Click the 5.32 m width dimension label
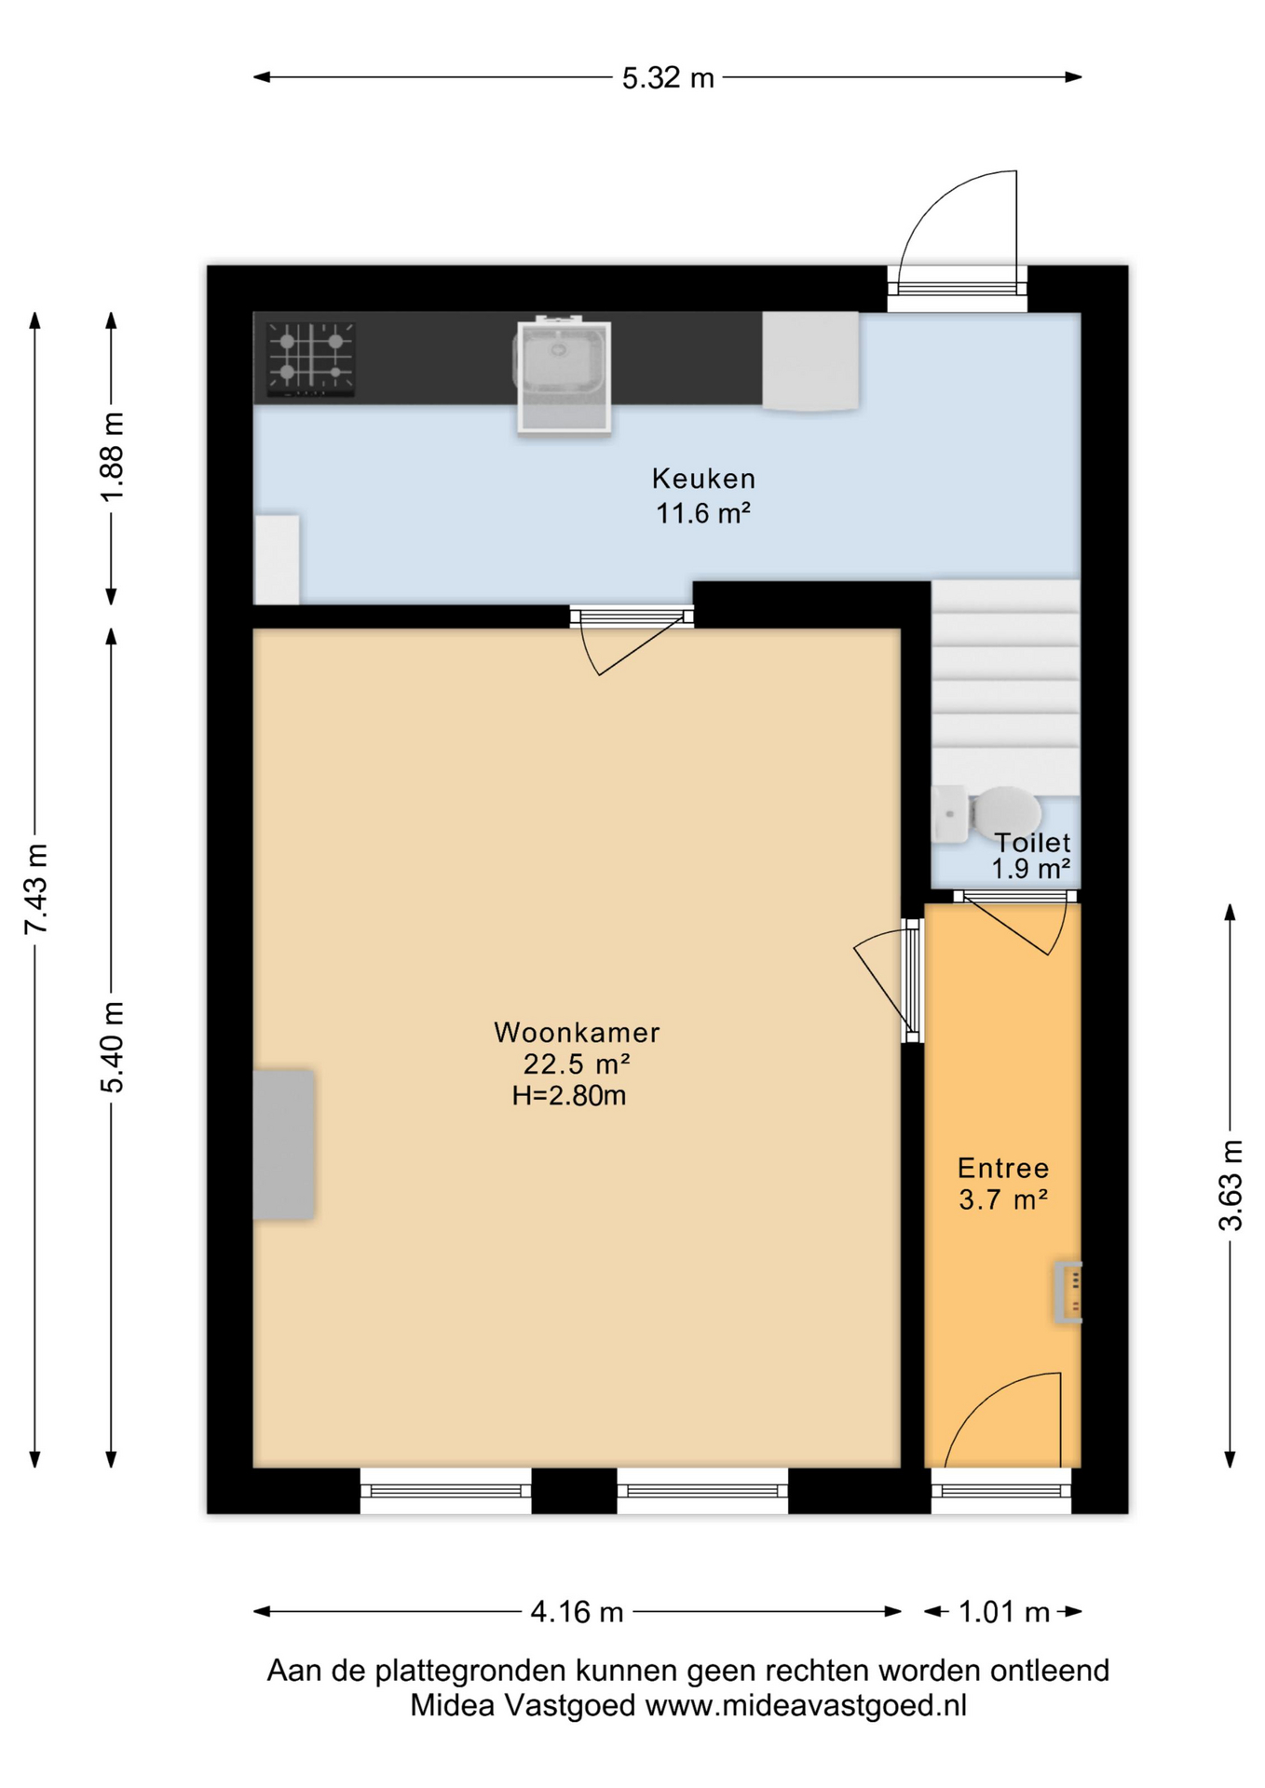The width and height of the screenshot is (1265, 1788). click(x=668, y=77)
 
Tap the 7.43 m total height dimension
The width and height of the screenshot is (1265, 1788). click(x=35, y=888)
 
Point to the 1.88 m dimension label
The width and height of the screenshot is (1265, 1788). click(x=112, y=456)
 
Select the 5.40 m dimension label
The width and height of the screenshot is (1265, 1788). click(x=112, y=1047)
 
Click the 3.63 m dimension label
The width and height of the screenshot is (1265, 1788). click(x=1231, y=1185)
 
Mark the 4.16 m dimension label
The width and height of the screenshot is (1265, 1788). click(x=577, y=1612)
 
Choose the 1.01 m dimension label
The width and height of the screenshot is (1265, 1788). click(x=1004, y=1612)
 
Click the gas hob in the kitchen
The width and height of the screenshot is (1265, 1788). click(x=310, y=359)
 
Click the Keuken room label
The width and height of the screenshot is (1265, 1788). click(x=703, y=479)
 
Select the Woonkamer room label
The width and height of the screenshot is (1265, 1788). click(x=577, y=1032)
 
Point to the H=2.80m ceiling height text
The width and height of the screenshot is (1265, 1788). click(x=568, y=1095)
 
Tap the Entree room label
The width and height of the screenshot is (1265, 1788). click(x=1003, y=1168)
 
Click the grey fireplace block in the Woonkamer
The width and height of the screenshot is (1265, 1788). click(x=283, y=1145)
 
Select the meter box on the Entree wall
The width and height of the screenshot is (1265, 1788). click(x=1068, y=1292)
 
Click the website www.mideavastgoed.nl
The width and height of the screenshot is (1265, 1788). click(x=806, y=1705)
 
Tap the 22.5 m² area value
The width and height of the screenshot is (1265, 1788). click(x=577, y=1063)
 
